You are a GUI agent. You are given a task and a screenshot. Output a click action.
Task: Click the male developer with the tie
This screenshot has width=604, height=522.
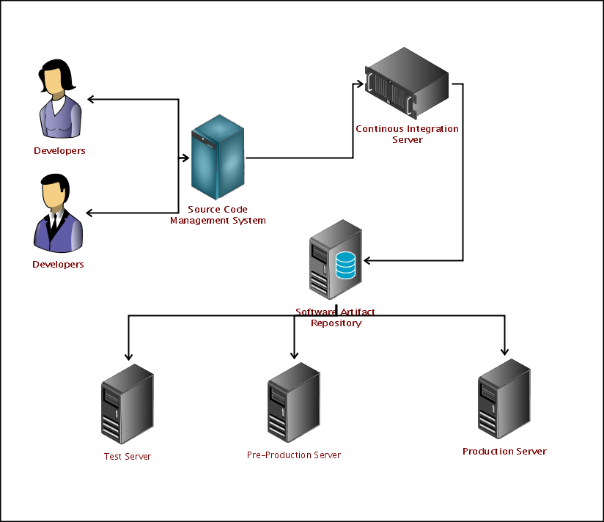pyautogui.click(x=57, y=213)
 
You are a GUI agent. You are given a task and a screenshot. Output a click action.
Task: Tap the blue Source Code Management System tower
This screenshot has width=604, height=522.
pyautogui.click(x=218, y=158)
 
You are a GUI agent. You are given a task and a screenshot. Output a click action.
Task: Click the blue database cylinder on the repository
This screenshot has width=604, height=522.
pyautogui.click(x=346, y=265)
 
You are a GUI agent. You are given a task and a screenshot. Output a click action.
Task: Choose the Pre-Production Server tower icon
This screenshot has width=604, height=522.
pyautogui.click(x=293, y=403)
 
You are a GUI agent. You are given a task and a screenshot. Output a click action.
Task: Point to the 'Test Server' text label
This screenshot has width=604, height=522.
pyautogui.click(x=128, y=457)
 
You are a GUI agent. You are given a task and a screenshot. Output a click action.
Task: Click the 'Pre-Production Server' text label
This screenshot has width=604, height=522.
pyautogui.click(x=294, y=455)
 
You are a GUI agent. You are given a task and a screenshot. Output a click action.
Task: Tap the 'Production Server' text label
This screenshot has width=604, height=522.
pyautogui.click(x=504, y=452)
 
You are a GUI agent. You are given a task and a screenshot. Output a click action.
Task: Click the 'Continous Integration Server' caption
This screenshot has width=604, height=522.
pyautogui.click(x=407, y=134)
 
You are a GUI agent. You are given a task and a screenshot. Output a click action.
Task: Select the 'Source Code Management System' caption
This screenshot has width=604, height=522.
pyautogui.click(x=218, y=215)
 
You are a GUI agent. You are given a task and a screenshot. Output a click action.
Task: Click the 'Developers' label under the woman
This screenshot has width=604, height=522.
pyautogui.click(x=59, y=151)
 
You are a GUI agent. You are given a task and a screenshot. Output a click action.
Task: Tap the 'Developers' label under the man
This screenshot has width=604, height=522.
pyautogui.click(x=58, y=265)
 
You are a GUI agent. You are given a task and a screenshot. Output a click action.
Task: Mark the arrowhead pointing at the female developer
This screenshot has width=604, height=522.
pyautogui.click(x=90, y=99)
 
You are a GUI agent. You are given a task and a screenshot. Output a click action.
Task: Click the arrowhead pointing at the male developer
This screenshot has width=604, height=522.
pyautogui.click(x=89, y=213)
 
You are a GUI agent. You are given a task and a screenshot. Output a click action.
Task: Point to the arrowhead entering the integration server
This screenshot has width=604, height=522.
pyautogui.click(x=360, y=83)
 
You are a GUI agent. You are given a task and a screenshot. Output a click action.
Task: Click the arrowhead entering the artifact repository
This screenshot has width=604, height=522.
pyautogui.click(x=368, y=260)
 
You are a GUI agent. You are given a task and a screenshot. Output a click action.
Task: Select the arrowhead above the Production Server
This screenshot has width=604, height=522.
pyautogui.click(x=504, y=350)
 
